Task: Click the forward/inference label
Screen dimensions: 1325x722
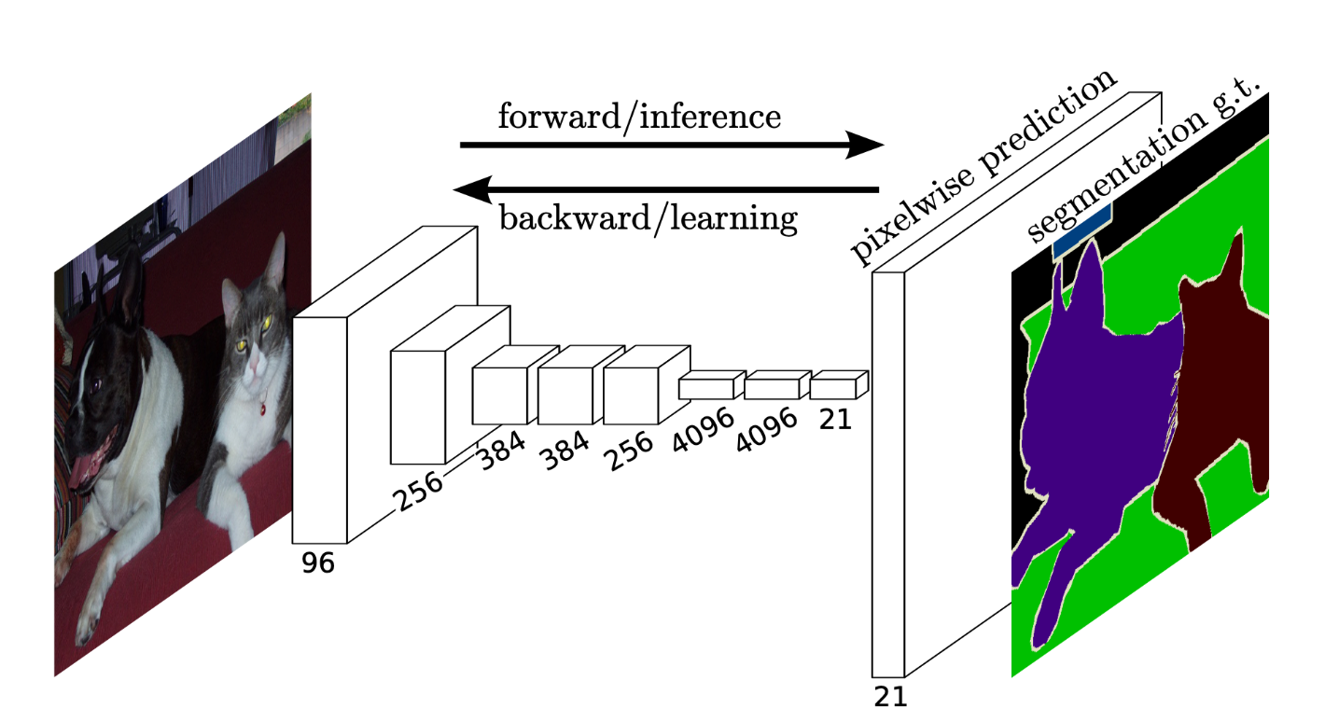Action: coord(639,117)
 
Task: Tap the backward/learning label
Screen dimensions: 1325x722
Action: coord(649,218)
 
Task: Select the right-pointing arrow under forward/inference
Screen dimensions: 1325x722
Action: coord(672,145)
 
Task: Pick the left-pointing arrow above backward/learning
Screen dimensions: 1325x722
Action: coord(665,189)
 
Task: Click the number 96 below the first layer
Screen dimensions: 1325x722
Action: coord(318,562)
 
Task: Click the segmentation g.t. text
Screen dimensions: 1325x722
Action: coord(1145,159)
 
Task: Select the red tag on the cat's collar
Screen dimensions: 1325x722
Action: coord(262,408)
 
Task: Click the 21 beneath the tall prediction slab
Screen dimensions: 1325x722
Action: coord(890,698)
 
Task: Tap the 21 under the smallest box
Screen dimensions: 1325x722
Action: coord(835,420)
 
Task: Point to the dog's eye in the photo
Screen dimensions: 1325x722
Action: coord(94,385)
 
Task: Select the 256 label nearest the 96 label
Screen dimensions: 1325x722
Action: coord(419,492)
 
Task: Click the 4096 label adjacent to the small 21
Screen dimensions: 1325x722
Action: coord(767,430)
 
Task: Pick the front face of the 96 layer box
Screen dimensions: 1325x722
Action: coord(319,430)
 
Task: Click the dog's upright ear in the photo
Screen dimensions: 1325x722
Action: coord(130,290)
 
